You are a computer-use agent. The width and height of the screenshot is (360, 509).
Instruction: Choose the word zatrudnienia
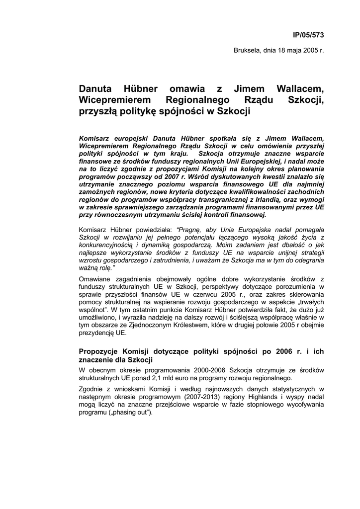click(177, 259)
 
